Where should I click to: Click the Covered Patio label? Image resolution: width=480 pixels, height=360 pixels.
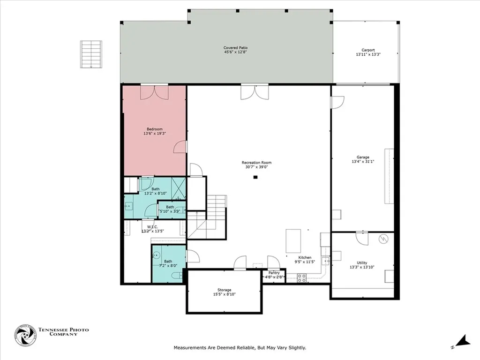pyautogui.click(x=235, y=48)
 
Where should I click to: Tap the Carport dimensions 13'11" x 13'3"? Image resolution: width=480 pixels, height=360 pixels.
pyautogui.click(x=368, y=55)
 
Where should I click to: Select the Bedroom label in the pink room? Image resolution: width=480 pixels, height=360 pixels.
pyautogui.click(x=155, y=129)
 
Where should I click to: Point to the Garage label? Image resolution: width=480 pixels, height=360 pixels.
pyautogui.click(x=362, y=157)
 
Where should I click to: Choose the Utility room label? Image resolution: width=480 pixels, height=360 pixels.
pyautogui.click(x=362, y=262)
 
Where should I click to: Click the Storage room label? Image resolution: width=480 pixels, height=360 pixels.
pyautogui.click(x=224, y=290)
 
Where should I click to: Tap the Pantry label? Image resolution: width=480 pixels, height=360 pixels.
pyautogui.click(x=274, y=273)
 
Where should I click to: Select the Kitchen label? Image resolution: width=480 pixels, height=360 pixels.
pyautogui.click(x=305, y=257)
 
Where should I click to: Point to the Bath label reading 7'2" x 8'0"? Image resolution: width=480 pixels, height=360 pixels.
pyautogui.click(x=168, y=261)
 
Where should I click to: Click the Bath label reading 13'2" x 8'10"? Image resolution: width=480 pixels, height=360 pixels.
pyautogui.click(x=155, y=189)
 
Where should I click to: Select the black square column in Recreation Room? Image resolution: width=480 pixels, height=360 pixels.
pyautogui.click(x=255, y=177)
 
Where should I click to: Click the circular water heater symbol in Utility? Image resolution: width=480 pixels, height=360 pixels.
pyautogui.click(x=383, y=240)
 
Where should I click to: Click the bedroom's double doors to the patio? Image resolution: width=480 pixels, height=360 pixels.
pyautogui.click(x=154, y=92)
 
